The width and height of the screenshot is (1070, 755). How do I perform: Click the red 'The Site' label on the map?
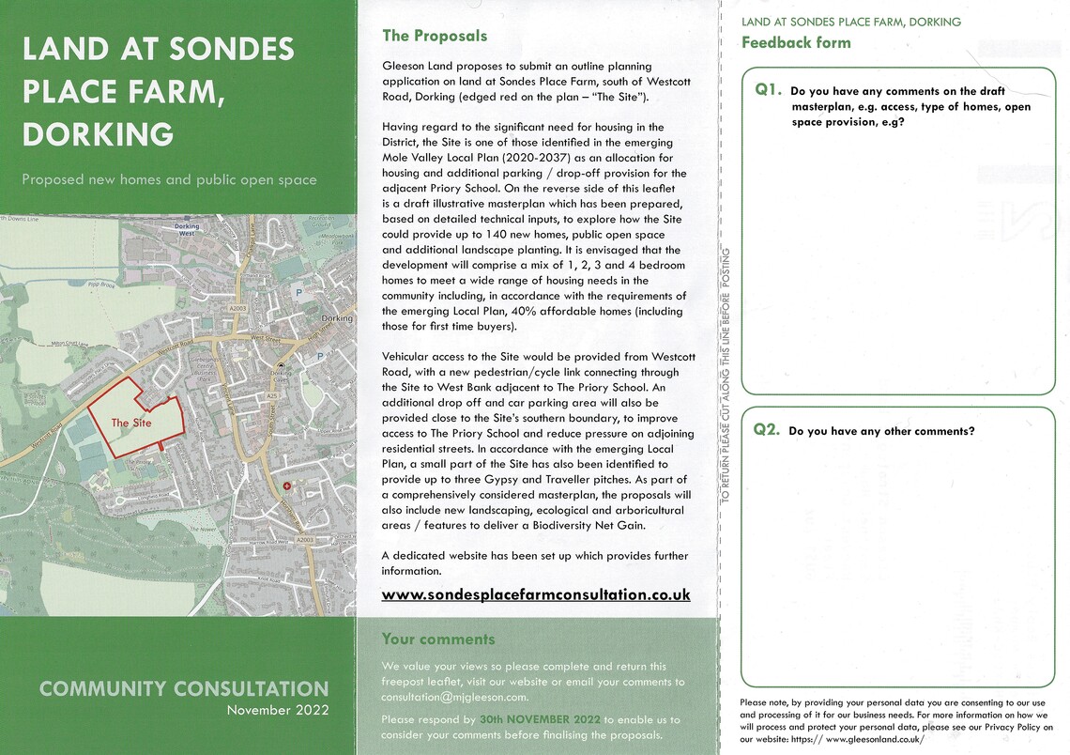(130, 424)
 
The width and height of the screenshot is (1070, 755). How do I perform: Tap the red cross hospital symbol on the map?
(287, 485)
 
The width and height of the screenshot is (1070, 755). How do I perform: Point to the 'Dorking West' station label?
(188, 229)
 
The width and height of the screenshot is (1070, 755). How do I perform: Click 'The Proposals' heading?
(435, 36)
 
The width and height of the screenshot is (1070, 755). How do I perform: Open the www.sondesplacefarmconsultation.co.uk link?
(535, 594)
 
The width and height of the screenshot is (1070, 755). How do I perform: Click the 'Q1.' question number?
(769, 90)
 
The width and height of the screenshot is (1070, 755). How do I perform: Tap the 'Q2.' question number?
(767, 430)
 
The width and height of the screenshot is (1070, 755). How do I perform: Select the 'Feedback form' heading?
(796, 42)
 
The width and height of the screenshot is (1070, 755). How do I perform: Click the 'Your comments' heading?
(438, 639)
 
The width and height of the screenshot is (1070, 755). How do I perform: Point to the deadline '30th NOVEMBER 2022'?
(539, 719)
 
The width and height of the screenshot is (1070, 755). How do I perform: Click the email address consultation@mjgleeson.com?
(454, 697)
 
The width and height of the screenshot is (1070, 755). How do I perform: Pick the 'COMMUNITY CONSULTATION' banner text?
(184, 689)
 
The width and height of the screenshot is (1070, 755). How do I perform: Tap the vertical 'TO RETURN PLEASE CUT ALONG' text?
(726, 376)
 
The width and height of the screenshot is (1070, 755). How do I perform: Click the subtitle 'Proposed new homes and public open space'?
(169, 179)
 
